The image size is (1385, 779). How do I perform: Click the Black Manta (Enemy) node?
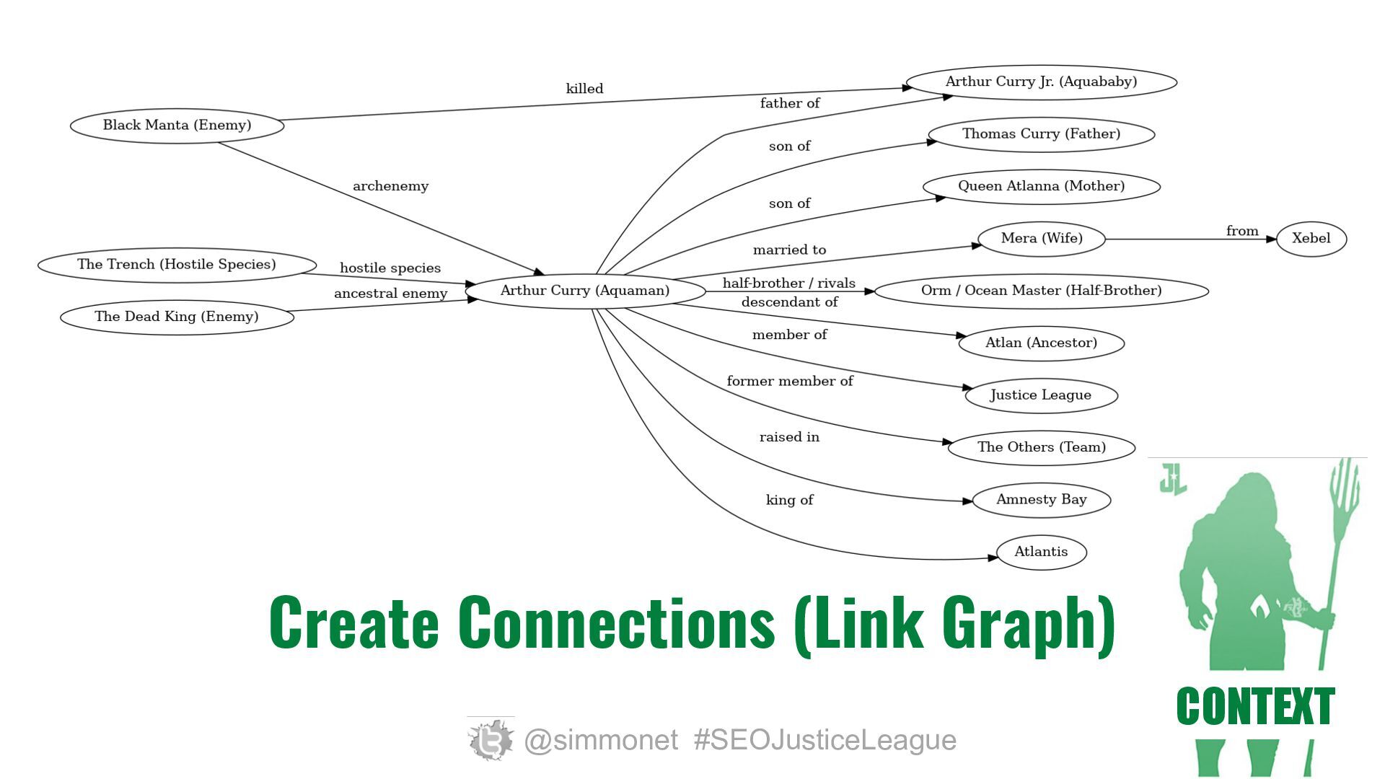pos(177,126)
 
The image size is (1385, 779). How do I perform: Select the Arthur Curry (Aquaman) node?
pos(585,291)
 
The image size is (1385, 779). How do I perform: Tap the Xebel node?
pos(1311,239)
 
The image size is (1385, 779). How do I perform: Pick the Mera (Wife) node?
pos(1041,239)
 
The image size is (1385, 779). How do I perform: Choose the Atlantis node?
pos(1041,552)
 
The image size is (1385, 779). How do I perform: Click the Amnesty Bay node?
pos(1041,500)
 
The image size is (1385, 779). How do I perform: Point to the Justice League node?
pos(1041,395)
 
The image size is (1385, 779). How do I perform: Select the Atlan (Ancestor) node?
pos(1041,343)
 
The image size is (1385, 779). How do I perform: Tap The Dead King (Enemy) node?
pos(177,317)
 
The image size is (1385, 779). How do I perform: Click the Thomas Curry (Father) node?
pos(1041,134)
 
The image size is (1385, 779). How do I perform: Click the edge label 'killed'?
pos(584,89)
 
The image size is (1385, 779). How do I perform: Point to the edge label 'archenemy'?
pos(390,186)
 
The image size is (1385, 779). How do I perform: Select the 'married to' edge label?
pos(789,250)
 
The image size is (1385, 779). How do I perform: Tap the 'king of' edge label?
pos(789,500)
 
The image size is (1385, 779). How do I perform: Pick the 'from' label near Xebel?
pos(1242,231)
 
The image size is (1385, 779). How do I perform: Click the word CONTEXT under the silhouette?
pos(1255,706)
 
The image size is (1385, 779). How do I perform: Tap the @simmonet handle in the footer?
pos(601,740)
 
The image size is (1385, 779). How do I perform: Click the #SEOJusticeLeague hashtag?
pos(825,740)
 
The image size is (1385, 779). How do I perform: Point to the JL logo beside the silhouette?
pos(1174,478)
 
